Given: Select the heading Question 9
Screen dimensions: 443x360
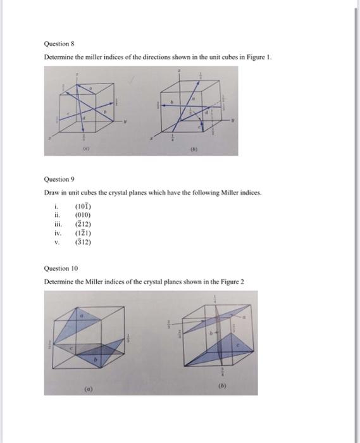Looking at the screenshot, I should click(59, 179).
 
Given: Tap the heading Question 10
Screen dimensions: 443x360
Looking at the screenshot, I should click(61, 268).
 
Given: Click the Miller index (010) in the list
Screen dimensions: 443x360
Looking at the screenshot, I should click(84, 215).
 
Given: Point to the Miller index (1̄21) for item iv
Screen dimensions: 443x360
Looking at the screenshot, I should click(84, 232).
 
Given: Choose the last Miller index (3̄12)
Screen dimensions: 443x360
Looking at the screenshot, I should click(84, 241).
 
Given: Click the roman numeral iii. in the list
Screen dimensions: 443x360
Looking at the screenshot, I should click(57, 223).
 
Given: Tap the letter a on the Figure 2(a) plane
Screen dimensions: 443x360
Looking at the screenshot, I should click(81, 315).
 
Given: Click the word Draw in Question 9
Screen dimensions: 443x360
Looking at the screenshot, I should click(51, 192).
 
